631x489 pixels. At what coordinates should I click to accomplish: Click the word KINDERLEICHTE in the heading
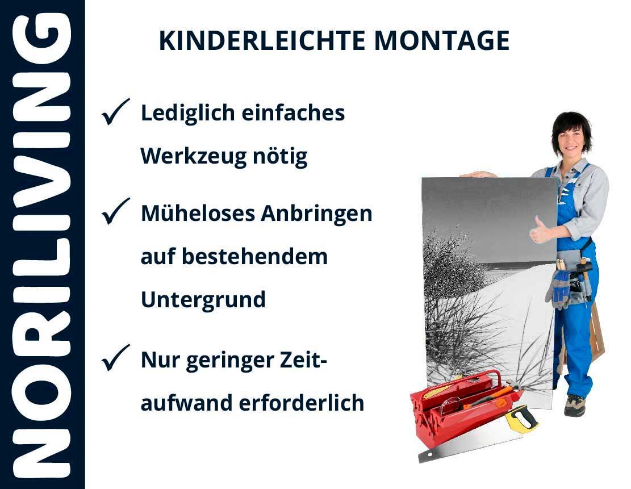(262, 41)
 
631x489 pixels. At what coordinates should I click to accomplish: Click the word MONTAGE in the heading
(442, 41)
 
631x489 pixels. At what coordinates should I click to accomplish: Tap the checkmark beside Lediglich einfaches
(115, 111)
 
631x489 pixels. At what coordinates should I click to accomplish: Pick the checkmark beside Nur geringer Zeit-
(115, 358)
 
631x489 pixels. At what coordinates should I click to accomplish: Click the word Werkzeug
(193, 157)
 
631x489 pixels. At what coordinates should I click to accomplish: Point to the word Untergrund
(203, 300)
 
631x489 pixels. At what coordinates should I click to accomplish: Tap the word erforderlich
(302, 403)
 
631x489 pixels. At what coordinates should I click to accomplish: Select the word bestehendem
(255, 256)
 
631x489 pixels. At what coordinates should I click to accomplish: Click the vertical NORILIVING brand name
(42, 245)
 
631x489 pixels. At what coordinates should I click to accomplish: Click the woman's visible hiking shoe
(574, 406)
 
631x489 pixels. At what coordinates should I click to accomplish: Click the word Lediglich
(187, 114)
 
